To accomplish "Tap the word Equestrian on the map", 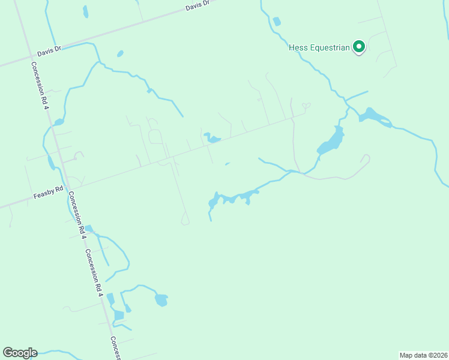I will pos(329,47).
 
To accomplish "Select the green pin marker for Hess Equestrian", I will pos(359,46).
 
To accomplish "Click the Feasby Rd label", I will pos(49,192).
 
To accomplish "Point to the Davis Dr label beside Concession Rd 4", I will pos(49,51).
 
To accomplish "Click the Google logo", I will pos(20,353).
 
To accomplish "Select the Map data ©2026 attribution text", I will pos(423,355).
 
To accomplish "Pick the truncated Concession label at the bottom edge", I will pos(115,348).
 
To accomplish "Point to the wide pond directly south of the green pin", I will pos(373,115).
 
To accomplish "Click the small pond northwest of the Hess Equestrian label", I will pos(276,22).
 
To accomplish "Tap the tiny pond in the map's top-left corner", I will pos(85,11).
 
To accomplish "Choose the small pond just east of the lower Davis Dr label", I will pos(120,53).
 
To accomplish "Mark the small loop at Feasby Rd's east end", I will pos(306,106).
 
